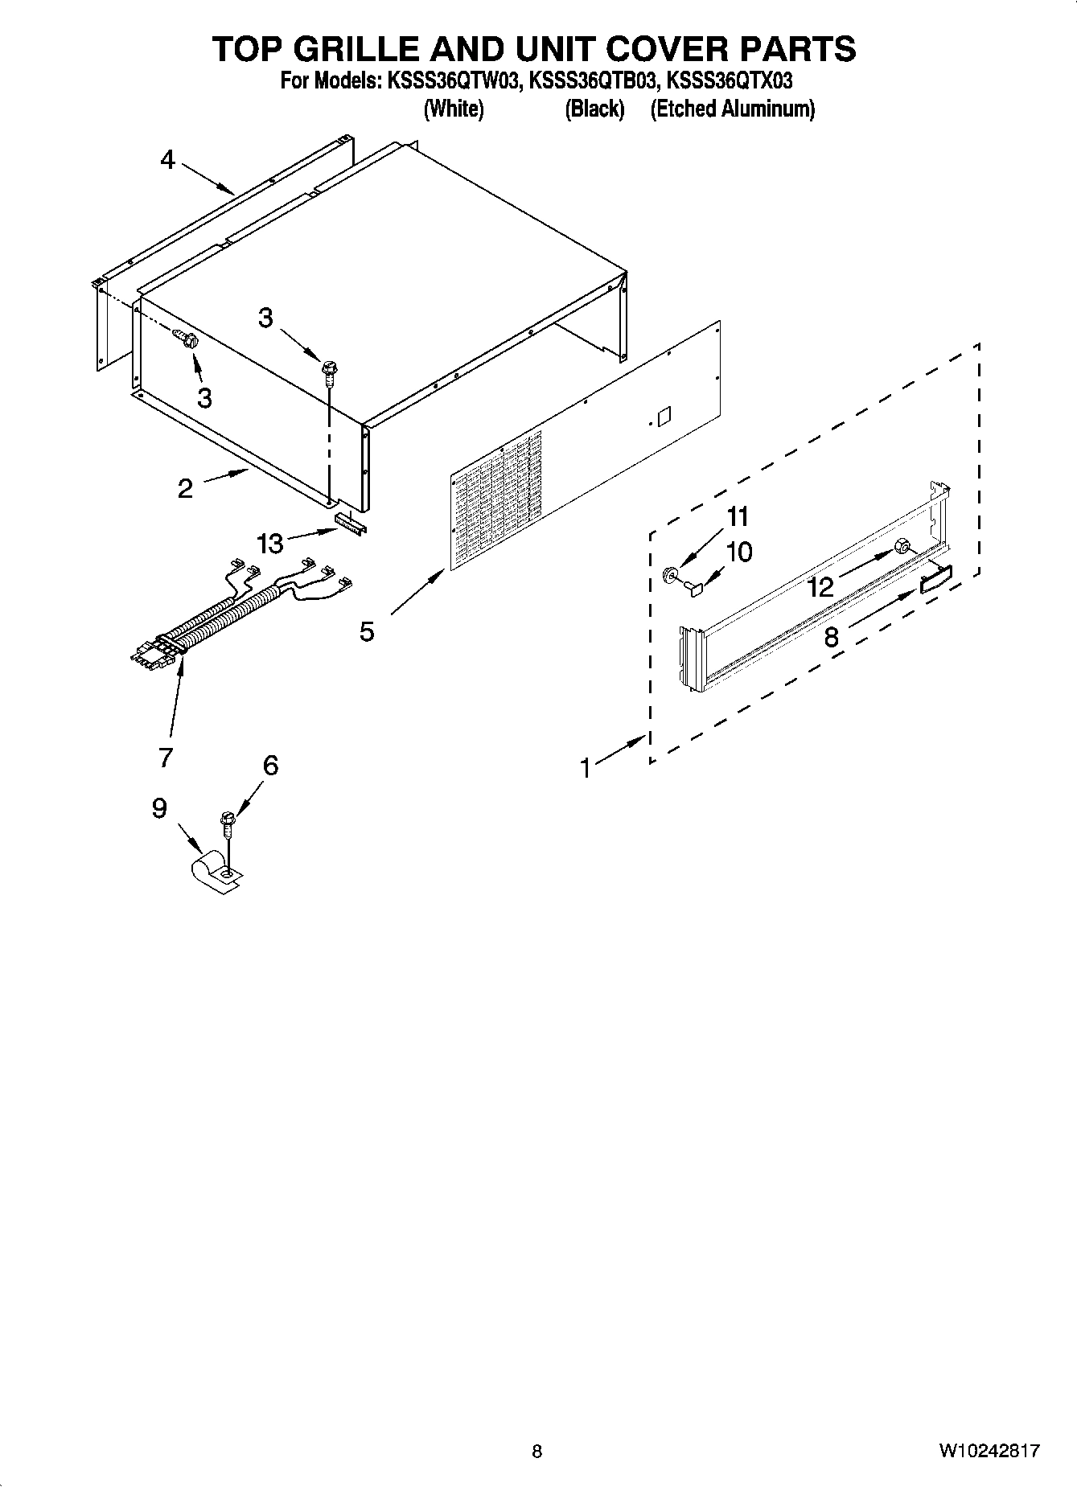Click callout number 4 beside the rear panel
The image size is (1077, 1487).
[167, 160]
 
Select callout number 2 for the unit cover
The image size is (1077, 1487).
[185, 488]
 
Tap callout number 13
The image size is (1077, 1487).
[270, 544]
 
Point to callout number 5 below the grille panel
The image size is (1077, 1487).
[367, 631]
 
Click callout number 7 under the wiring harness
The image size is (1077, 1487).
[166, 757]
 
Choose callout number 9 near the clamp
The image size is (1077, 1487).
[159, 807]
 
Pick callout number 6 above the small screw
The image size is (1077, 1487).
[270, 766]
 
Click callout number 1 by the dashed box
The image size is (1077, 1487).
[586, 768]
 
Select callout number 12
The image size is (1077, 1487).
[820, 586]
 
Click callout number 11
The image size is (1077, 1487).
[738, 516]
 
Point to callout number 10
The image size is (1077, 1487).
[738, 552]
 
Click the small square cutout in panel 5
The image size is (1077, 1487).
[663, 417]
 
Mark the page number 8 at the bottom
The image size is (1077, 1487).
[537, 1451]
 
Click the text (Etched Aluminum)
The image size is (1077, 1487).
[733, 109]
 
